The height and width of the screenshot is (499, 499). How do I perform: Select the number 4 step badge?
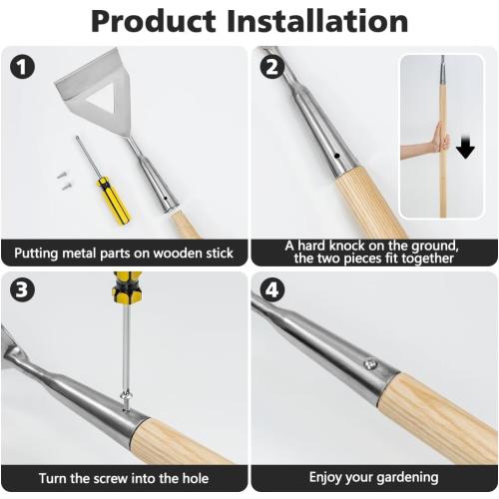coord(269,290)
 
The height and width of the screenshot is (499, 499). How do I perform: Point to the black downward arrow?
coord(466,148)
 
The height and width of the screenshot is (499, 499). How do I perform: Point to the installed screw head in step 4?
coord(370,365)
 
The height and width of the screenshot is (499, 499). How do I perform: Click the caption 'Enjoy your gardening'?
coord(373,477)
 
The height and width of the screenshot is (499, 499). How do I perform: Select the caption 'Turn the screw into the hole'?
coord(124,477)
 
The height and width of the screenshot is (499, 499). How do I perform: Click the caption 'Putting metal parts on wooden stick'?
coord(124,252)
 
